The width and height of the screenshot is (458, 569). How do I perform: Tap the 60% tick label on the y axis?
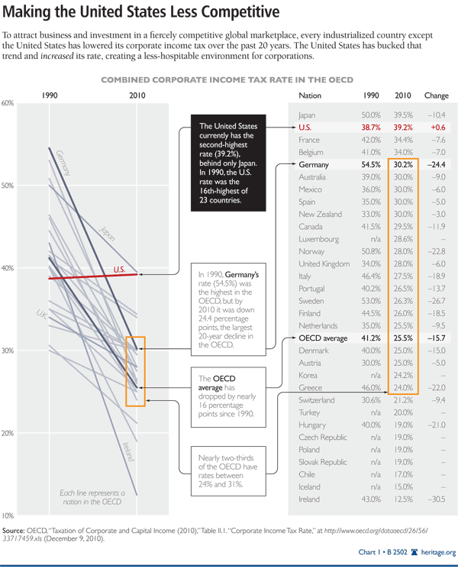click(x=8, y=103)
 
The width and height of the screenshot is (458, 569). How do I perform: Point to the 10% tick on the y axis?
click(x=8, y=516)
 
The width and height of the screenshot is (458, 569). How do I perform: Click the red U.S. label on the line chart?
click(x=119, y=269)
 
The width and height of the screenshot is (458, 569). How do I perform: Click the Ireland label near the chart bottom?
click(x=128, y=451)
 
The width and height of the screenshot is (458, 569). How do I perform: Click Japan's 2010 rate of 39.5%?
click(x=402, y=114)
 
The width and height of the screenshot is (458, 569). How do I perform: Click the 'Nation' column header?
click(x=311, y=96)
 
